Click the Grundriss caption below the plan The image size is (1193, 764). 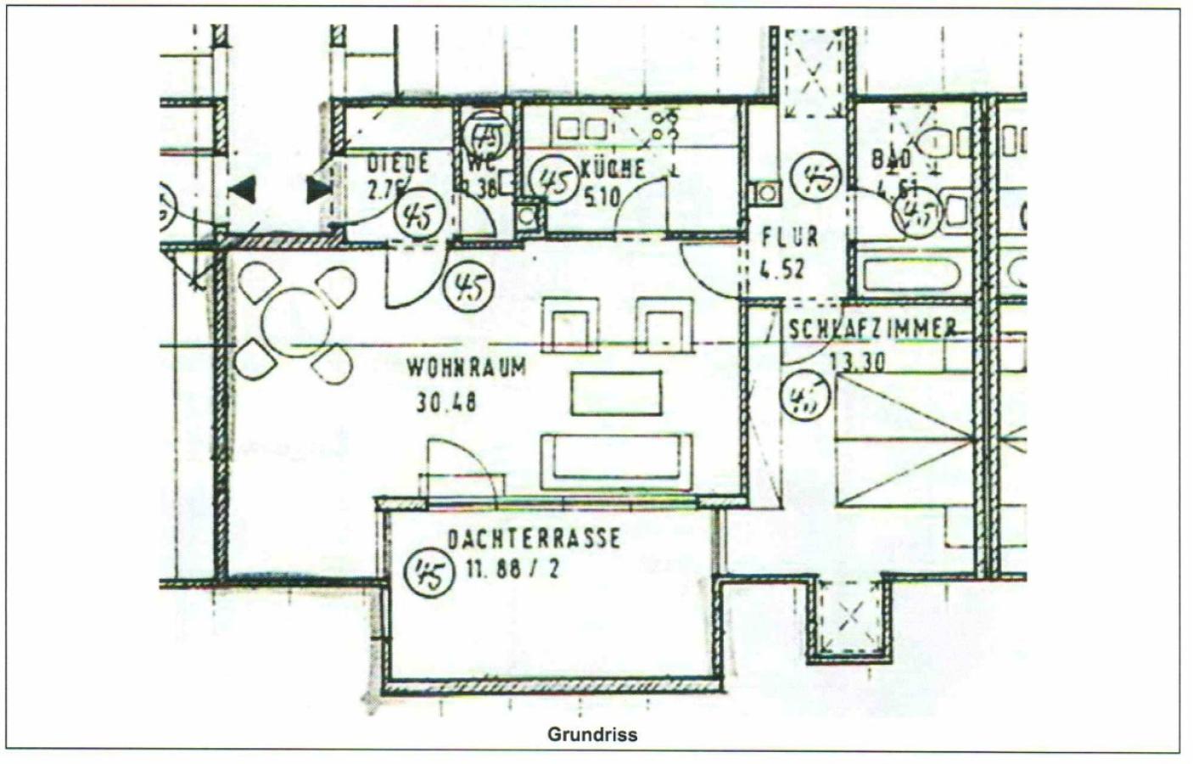pos(591,734)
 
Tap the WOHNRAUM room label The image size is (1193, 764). pos(466,368)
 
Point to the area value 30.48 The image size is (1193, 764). pos(446,402)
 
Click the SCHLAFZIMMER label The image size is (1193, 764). pos(873,329)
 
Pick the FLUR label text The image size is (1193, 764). pos(789,236)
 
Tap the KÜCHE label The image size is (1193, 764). pos(613,168)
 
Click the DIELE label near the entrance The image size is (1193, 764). pos(397,163)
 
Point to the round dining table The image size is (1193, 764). pos(296,324)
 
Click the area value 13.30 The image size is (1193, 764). pos(857,362)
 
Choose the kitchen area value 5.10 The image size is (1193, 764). pos(602,198)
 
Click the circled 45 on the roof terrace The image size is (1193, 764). pos(428,573)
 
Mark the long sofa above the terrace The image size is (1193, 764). pos(617,461)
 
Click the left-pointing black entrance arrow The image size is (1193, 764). pos(243,189)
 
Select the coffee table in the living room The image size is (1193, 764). pos(616,394)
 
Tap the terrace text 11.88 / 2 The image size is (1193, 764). pos(512,570)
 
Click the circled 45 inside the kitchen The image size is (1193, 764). pos(552,182)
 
